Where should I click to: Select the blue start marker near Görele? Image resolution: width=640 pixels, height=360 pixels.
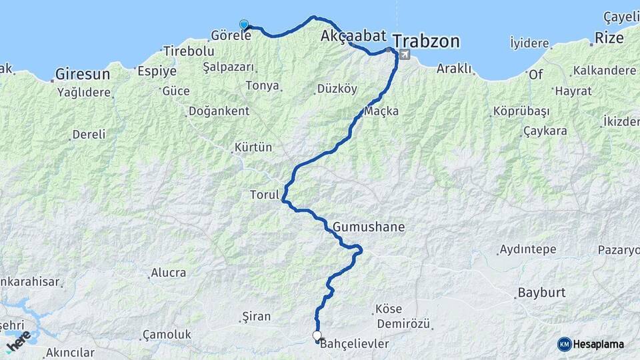244,25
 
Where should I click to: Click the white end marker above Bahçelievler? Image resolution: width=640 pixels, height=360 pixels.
317,336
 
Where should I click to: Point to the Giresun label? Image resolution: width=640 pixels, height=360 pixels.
82,73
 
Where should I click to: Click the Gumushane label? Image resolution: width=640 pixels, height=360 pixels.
369,227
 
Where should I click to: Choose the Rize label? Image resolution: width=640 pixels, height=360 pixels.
609,38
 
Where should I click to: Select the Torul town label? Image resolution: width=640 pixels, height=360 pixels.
263,195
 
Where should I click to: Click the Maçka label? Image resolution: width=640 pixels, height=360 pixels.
382,111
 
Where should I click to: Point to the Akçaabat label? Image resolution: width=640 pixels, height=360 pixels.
353,35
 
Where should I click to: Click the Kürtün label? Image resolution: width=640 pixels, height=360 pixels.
253,147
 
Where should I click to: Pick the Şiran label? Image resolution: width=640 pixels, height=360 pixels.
257,316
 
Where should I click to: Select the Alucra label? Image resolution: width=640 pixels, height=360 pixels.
168,272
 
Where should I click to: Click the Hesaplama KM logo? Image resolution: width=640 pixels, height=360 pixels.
591,344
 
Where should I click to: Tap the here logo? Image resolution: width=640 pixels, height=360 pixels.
19,341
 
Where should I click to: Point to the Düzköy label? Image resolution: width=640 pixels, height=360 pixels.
337,89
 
